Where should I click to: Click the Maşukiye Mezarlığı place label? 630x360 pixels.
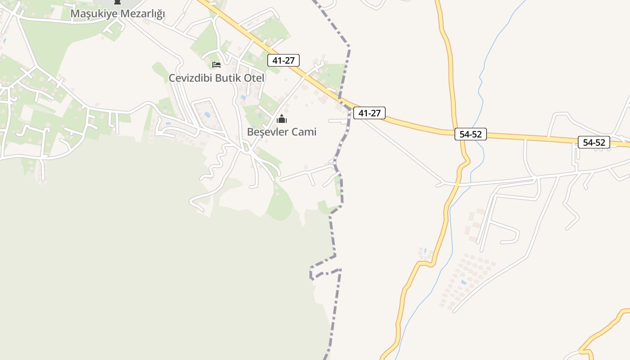coord(117,13)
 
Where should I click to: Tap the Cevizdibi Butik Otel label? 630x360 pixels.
coord(216,78)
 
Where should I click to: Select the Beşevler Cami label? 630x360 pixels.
coord(282,132)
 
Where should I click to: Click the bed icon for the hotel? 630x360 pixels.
coord(216,65)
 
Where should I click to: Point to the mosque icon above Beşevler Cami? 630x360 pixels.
coord(282,119)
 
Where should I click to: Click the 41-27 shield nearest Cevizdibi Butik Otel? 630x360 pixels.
coord(283,60)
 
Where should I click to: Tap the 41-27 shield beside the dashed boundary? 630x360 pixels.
coord(369,113)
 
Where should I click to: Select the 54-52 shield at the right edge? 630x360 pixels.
coord(594,143)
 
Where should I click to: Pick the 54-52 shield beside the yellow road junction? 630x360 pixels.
coord(471,134)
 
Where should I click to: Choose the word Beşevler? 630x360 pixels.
coord(268,132)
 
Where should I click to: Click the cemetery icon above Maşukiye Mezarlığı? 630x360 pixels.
coord(117,2)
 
